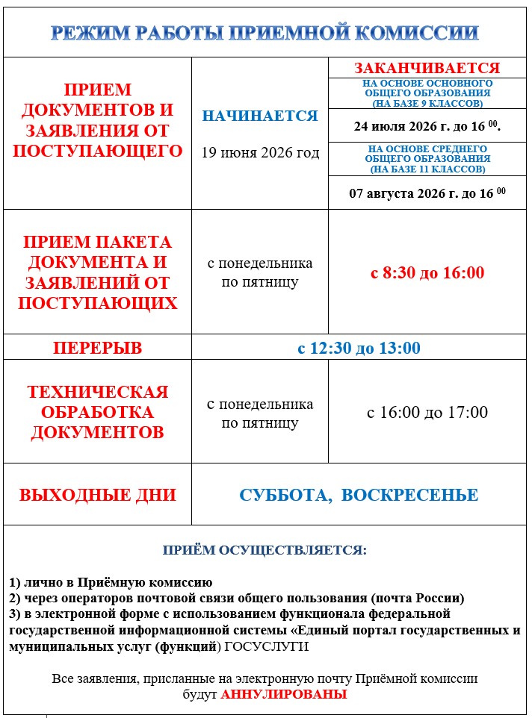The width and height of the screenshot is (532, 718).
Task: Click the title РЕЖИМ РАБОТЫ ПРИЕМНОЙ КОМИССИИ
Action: pyautogui.click(x=265, y=33)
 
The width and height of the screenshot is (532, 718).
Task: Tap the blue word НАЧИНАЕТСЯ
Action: pyautogui.click(x=260, y=116)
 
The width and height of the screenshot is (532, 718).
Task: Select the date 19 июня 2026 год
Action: pyautogui.click(x=260, y=152)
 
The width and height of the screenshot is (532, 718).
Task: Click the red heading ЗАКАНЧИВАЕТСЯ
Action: pyautogui.click(x=427, y=68)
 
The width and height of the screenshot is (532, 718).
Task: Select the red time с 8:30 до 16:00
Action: pyautogui.click(x=427, y=272)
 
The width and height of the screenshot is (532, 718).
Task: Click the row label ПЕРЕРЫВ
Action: pyautogui.click(x=97, y=348)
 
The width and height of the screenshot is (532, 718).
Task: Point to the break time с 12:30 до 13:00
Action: pyautogui.click(x=359, y=348)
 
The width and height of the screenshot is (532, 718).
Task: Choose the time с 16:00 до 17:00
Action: pyautogui.click(x=427, y=412)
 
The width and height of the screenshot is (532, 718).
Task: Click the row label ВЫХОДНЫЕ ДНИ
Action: pyautogui.click(x=97, y=495)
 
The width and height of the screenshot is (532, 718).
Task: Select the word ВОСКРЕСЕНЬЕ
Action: pyautogui.click(x=409, y=495)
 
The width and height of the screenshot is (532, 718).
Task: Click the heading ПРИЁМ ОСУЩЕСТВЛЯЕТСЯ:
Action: pyautogui.click(x=265, y=550)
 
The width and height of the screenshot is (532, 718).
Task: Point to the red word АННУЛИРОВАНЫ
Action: pyautogui.click(x=284, y=694)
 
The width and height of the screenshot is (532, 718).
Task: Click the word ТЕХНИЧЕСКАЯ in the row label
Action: pyautogui.click(x=97, y=392)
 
